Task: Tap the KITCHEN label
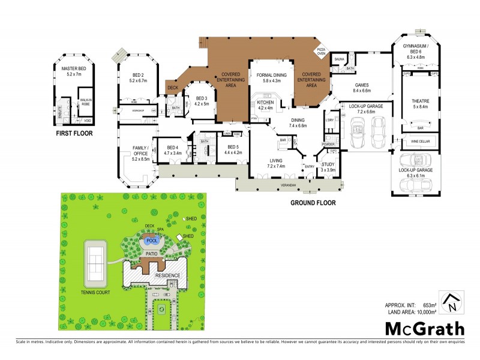pos(265,103)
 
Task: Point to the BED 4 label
pos(172,147)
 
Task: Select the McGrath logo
pos(424,328)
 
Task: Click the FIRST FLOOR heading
pos(74,133)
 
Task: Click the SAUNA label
pos(338,59)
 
